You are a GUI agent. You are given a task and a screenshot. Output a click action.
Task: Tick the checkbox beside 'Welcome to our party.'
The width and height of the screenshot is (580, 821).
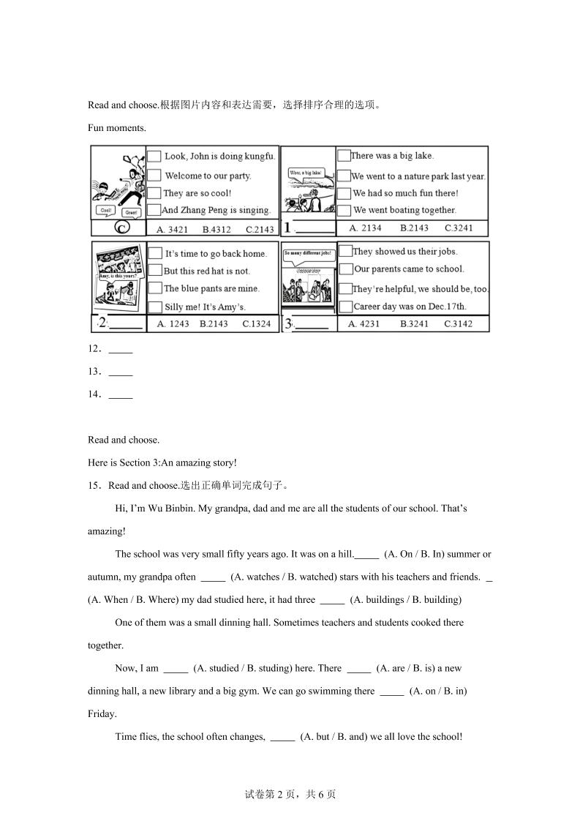(154, 175)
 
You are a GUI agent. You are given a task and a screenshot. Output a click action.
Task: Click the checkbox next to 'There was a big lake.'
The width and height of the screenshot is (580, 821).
(344, 155)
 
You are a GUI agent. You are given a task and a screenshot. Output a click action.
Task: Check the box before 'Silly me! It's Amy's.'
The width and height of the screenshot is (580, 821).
(154, 307)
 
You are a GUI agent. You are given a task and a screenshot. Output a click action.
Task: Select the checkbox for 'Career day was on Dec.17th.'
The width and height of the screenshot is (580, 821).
(345, 306)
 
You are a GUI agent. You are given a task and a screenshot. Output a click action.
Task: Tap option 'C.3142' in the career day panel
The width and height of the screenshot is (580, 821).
(458, 323)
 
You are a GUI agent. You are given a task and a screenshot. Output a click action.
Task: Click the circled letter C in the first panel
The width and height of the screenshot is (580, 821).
(122, 228)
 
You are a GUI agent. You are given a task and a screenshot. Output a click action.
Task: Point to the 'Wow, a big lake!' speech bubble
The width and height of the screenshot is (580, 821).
(306, 173)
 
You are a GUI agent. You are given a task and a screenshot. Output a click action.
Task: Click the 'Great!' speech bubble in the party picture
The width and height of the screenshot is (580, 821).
(131, 212)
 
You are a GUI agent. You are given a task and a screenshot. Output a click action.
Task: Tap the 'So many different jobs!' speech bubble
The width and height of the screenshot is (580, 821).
(309, 253)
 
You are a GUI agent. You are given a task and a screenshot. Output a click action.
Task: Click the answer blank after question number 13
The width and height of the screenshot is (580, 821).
(121, 371)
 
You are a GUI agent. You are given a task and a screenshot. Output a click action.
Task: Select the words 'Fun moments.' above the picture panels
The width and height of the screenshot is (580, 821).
(117, 127)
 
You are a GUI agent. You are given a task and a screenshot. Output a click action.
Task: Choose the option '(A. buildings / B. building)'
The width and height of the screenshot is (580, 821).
(406, 599)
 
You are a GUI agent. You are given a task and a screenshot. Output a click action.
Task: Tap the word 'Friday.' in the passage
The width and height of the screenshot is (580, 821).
(102, 713)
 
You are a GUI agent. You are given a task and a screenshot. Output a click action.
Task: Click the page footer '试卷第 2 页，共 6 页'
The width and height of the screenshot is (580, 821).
(290, 795)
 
